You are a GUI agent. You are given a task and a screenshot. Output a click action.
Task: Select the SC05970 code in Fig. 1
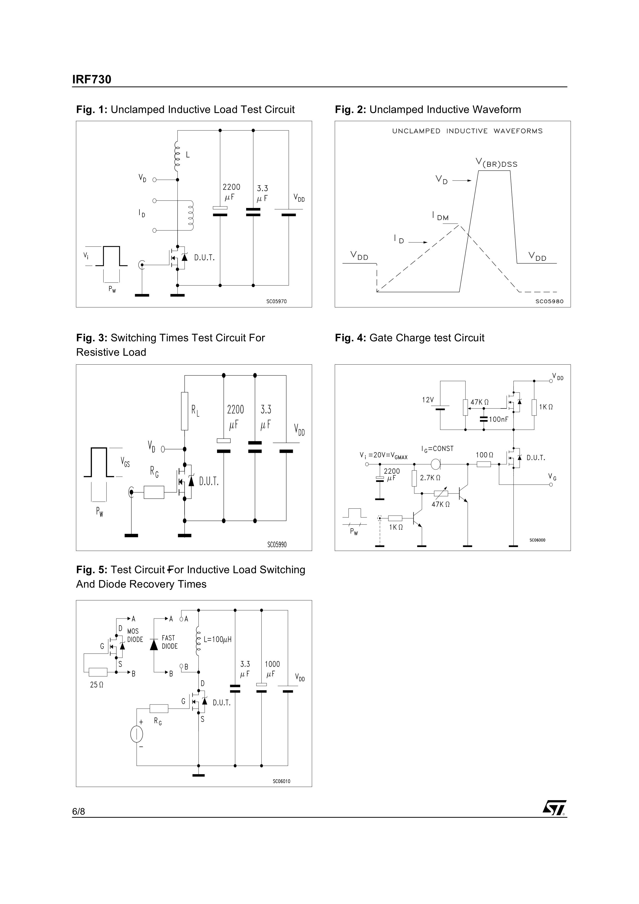point(276,302)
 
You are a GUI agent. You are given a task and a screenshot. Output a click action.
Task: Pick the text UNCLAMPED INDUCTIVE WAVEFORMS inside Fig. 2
point(467,131)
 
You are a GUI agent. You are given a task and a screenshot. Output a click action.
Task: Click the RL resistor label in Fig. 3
point(195,411)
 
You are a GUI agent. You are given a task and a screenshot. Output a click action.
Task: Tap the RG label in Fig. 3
point(154,471)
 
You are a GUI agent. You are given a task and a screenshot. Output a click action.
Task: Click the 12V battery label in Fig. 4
point(428,400)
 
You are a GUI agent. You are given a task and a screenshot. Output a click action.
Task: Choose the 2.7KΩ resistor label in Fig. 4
point(430,478)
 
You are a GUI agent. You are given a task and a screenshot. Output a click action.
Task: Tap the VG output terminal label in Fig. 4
point(552,477)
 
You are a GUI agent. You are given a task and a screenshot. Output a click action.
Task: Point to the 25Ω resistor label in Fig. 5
point(96,685)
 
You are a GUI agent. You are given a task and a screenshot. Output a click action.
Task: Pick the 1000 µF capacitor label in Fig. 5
point(272,669)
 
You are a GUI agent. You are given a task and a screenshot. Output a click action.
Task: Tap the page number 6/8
point(78,811)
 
